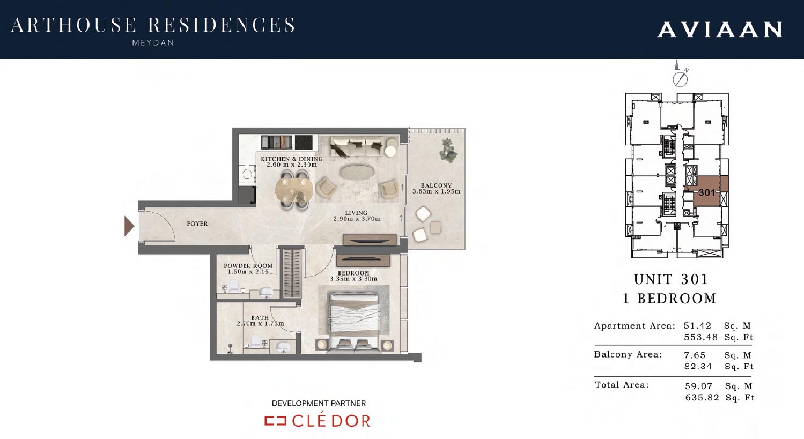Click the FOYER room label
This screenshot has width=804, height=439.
(x=197, y=224)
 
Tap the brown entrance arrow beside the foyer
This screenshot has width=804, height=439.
(x=129, y=226)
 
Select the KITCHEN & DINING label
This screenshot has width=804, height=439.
(x=291, y=159)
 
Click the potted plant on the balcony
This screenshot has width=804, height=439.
(x=448, y=150)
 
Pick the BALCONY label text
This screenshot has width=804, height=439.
(x=436, y=185)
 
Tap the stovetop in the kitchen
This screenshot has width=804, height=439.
(x=303, y=142)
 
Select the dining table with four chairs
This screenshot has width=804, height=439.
(x=294, y=190)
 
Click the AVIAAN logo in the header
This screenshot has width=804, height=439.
(x=720, y=29)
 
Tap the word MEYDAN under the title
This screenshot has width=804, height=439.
(x=153, y=43)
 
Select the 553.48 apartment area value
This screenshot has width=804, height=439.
(x=700, y=337)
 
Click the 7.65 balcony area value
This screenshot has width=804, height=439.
(x=695, y=355)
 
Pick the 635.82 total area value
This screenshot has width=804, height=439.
(x=702, y=397)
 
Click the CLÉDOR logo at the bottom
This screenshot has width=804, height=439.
(x=318, y=421)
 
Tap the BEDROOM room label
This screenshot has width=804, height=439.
(x=353, y=273)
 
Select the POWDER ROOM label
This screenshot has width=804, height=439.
(x=248, y=266)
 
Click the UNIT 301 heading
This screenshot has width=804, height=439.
(x=671, y=279)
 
